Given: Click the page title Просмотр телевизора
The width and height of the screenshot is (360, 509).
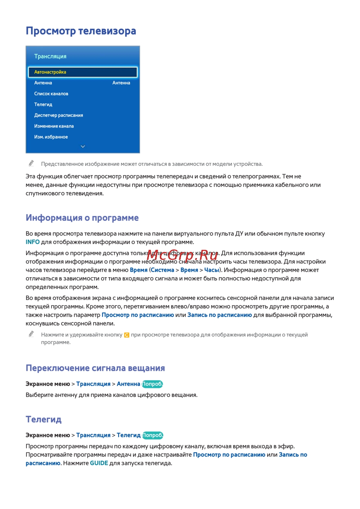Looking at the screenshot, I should coord(81,31).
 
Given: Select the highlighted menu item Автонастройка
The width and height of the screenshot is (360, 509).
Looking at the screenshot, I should coord(50,72).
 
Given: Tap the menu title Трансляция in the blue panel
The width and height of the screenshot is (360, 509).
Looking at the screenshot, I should coord(50,57).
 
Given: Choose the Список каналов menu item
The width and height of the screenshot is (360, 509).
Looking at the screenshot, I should coord(51,94).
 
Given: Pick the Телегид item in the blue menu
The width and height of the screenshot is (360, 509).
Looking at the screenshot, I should coord(43,104).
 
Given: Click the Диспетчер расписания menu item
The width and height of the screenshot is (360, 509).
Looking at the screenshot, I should coord(58,115).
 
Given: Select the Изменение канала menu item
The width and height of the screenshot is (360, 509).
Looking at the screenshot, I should coord(54,126).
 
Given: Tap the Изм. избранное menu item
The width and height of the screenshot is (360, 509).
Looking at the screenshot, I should coord(51,137).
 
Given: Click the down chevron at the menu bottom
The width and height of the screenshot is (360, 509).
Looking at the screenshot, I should coord(83,147).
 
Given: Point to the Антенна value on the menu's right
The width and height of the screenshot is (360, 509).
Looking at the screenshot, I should coord(121,83).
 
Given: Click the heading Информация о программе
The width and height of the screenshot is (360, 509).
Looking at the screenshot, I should coord(82,218).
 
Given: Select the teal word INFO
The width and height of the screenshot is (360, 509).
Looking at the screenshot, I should coord(32,242).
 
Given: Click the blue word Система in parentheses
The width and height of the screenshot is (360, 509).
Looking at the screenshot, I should coord(162,270).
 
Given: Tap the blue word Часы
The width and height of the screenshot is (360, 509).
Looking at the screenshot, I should coord(212,270).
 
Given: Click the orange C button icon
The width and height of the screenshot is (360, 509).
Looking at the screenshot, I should coord(127,335).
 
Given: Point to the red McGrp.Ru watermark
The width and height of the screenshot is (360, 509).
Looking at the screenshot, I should coord(183,254).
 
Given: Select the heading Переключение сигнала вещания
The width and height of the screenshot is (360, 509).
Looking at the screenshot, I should coord(95,368).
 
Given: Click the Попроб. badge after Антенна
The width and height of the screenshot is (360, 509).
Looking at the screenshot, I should coord(152,384).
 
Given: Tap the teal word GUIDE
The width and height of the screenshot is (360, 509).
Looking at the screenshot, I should coord(99,463).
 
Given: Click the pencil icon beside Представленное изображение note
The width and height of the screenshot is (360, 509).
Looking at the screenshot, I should coord(31,163).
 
